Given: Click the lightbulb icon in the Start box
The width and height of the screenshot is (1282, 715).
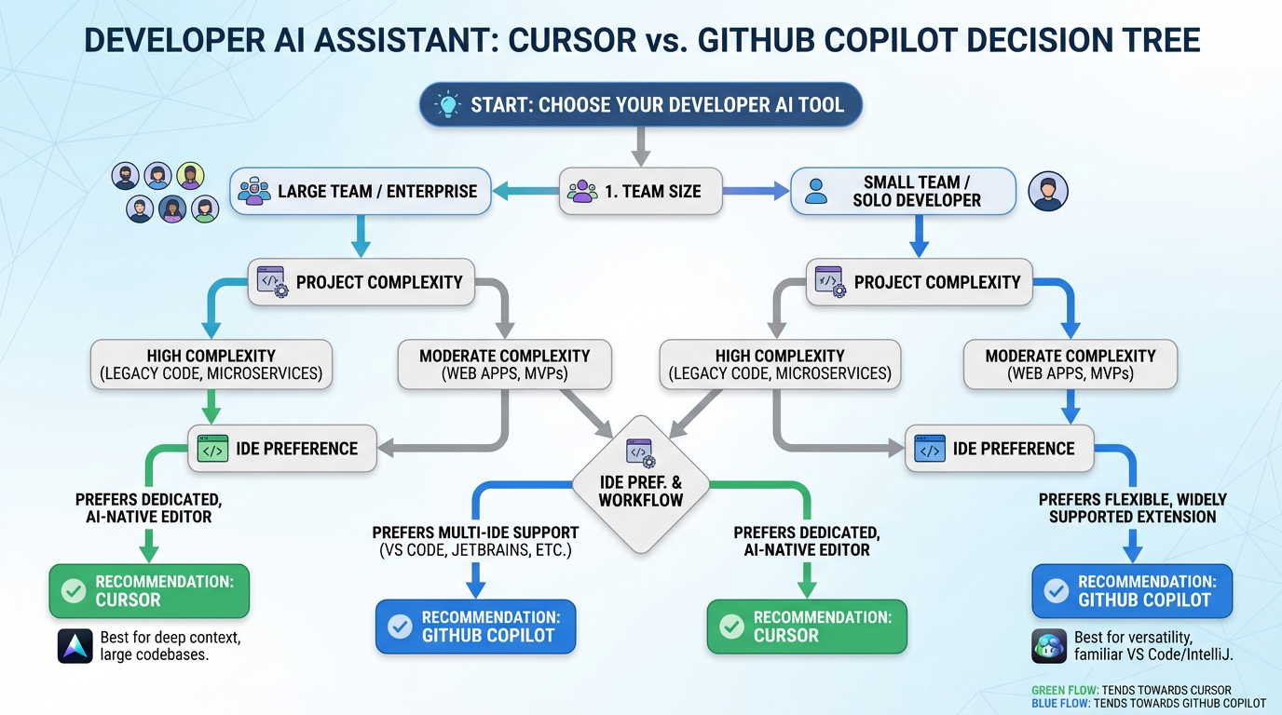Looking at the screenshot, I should coord(448,104).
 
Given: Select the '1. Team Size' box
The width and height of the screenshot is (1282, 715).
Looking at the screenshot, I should coord(639,192).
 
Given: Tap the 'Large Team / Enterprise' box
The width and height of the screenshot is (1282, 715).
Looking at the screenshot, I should coord(360,192).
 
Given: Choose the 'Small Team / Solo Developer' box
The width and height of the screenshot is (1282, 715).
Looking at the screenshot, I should coord(903,191).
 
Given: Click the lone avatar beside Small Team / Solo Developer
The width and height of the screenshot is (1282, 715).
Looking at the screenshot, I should coord(1047,192).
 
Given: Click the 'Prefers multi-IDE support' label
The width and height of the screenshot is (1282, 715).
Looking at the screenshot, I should coord(475,541).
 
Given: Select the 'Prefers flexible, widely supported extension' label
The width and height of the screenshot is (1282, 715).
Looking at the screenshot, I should coord(1132,507).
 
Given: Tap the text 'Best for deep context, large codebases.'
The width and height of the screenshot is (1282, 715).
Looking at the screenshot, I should coord(170,646).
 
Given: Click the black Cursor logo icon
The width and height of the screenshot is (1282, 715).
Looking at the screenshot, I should coord(75,646).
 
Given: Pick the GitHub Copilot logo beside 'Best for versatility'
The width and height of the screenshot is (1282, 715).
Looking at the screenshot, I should coord(1049,646).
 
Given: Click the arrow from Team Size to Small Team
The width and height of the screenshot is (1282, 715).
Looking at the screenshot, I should coord(756,192).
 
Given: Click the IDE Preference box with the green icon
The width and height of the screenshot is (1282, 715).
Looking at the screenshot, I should coord(282,449).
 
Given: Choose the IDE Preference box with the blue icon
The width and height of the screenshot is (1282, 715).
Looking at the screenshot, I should coord(999,449).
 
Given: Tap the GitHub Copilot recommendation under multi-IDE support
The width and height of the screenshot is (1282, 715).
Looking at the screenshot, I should coord(475,627).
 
